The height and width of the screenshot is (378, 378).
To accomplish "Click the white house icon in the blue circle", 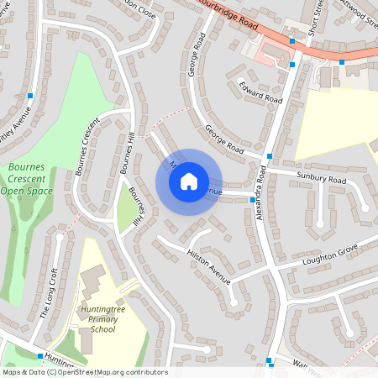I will [189, 181].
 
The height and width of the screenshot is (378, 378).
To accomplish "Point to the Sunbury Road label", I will [320, 179].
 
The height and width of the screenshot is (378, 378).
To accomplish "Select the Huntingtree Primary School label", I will [102, 319].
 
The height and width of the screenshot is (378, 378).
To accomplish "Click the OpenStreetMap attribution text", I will [84, 371].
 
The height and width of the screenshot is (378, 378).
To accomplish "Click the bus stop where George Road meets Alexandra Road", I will [269, 156].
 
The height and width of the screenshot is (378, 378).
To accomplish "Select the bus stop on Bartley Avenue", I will [30, 97].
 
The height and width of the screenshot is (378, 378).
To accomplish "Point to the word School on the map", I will [102, 330].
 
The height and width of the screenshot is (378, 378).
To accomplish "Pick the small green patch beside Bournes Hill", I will [126, 214].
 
